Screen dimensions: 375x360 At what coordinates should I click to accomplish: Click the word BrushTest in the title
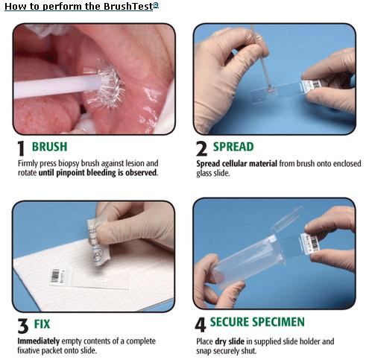coord(128,6)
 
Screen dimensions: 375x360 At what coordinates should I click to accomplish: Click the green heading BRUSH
coord(50,147)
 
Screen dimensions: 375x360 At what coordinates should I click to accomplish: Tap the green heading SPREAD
coord(233,147)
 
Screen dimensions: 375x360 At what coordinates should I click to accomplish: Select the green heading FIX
coord(42,324)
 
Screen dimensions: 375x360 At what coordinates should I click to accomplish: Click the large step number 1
coord(22,148)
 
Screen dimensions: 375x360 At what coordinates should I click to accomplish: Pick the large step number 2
coord(201,148)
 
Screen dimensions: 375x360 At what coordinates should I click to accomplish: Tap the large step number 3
coord(23,326)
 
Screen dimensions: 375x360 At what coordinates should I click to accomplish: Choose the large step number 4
coord(201,325)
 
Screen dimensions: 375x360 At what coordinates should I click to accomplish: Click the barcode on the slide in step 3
coord(55,275)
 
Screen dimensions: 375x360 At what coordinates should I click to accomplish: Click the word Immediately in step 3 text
coord(39,341)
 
